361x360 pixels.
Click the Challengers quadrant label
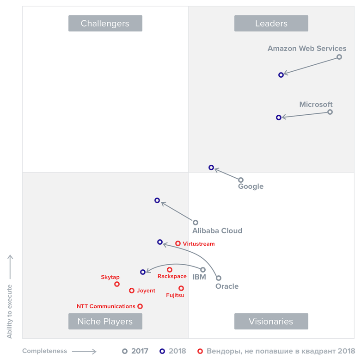(105, 24)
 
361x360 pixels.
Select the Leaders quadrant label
(271, 24)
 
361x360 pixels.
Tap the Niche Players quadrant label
(105, 322)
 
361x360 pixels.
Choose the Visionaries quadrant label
(271, 322)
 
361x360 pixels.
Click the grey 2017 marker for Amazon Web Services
(339, 57)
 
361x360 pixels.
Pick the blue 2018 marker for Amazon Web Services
(281, 75)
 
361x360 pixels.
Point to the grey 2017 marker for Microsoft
(330, 112)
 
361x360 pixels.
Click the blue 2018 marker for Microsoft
(279, 118)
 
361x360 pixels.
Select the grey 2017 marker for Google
(241, 180)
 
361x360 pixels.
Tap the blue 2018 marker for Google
(211, 168)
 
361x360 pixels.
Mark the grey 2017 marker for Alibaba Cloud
(196, 223)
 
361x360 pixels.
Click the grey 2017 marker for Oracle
(219, 278)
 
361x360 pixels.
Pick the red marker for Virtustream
(178, 243)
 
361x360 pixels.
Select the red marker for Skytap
(117, 284)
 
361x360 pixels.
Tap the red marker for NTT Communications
(140, 306)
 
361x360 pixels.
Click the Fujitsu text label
(175, 295)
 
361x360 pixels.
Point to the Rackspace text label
(172, 276)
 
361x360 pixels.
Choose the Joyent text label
(146, 291)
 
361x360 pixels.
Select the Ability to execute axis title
(10, 311)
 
